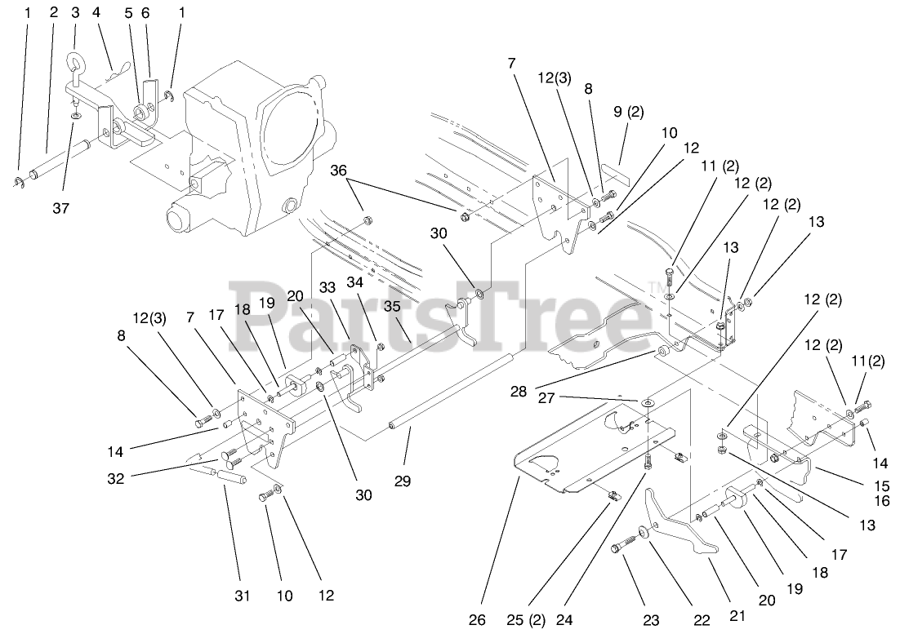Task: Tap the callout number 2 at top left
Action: (x=53, y=13)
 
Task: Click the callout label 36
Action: (x=338, y=171)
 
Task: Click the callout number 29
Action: (x=402, y=482)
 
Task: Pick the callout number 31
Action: (x=242, y=596)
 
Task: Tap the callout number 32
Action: (x=116, y=479)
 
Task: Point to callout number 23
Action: (x=650, y=620)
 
